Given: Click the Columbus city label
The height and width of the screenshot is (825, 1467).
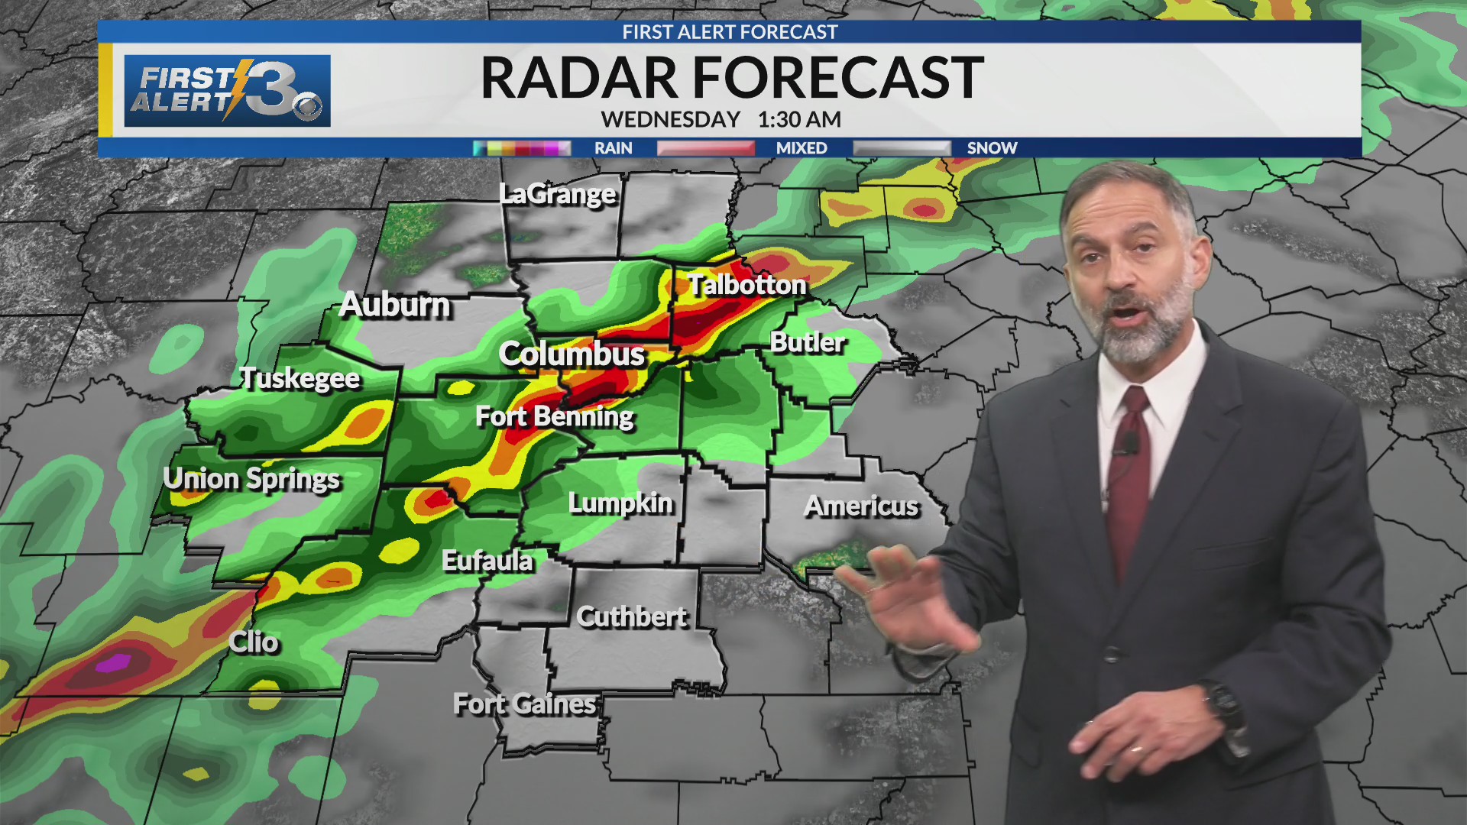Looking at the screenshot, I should click(572, 354).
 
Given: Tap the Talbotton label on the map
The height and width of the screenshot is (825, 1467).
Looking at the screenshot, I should click(746, 286).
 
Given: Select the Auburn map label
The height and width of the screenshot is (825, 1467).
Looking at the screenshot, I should click(394, 305).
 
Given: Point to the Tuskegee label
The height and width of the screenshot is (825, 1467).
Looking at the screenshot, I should click(300, 378).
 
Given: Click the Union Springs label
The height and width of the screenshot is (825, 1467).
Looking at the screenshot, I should click(251, 479).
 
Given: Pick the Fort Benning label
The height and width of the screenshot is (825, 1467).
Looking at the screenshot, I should click(555, 417).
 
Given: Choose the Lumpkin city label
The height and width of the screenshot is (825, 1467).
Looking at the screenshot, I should click(620, 503).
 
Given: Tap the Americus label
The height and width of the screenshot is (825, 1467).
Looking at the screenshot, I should click(861, 506).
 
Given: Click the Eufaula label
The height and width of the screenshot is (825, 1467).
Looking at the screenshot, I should click(487, 561).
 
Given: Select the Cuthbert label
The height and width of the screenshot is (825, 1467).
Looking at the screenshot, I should click(632, 617).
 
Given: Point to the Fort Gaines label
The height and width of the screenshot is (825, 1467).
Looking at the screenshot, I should click(524, 704).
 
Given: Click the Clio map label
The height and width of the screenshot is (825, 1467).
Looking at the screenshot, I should click(254, 642).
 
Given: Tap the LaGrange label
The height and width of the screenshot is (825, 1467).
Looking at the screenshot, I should click(557, 194).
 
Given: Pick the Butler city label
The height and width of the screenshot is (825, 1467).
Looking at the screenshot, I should click(808, 343).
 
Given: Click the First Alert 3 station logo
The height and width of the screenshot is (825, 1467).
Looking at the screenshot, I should click(228, 91).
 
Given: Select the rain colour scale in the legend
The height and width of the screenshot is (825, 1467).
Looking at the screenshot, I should click(522, 148).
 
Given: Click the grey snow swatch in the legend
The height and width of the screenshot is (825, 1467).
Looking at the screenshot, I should click(902, 148).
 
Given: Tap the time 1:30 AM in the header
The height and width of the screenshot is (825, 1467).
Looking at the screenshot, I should click(799, 120).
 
